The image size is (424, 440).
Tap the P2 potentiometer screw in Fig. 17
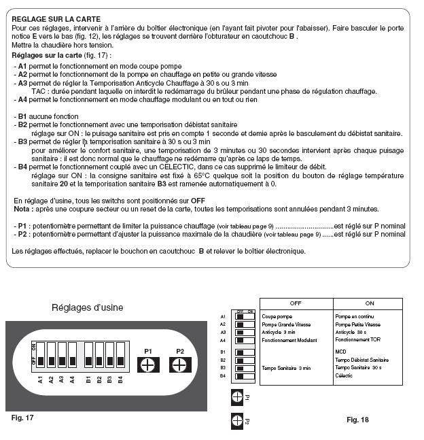tap(179, 364)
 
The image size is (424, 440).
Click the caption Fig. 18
tap(357, 420)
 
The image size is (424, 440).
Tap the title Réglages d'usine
tap(88, 307)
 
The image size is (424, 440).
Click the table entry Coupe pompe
tap(276, 316)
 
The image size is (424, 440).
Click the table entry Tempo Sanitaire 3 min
tap(286, 367)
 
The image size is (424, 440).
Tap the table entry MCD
tap(342, 352)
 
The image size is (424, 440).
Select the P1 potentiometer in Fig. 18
tap(237, 396)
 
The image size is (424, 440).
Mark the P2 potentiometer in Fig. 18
tap(237, 421)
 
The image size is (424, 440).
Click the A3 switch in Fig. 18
tap(240, 332)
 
